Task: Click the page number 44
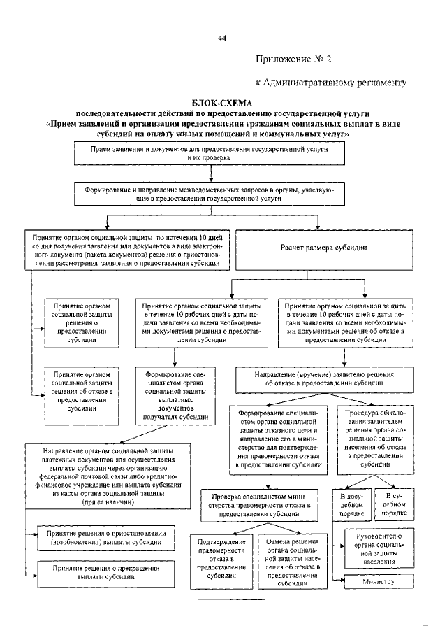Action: tap(222, 38)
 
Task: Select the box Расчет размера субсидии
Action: tap(319, 248)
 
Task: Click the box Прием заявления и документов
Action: tap(209, 154)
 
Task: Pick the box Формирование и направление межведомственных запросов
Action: tap(210, 194)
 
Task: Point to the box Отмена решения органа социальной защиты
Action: tap(293, 563)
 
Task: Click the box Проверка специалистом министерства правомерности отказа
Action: tap(254, 504)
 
